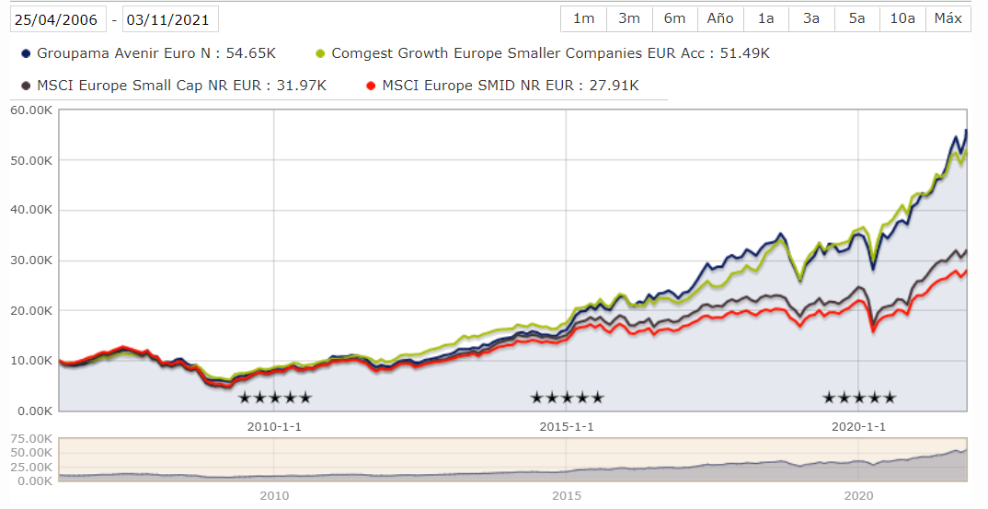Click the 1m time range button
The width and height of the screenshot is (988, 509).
click(x=583, y=18)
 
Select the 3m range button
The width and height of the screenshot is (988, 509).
click(x=629, y=18)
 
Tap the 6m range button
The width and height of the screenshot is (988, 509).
click(x=674, y=18)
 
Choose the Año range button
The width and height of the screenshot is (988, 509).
click(x=720, y=18)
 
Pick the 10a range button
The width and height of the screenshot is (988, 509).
click(x=902, y=18)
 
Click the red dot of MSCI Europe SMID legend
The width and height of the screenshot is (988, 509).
click(x=371, y=87)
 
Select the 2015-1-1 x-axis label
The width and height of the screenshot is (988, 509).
click(x=566, y=427)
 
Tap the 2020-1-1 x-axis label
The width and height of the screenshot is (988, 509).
click(x=858, y=427)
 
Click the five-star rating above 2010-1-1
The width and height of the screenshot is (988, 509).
click(x=274, y=398)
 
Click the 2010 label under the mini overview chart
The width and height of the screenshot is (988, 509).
click(x=274, y=496)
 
